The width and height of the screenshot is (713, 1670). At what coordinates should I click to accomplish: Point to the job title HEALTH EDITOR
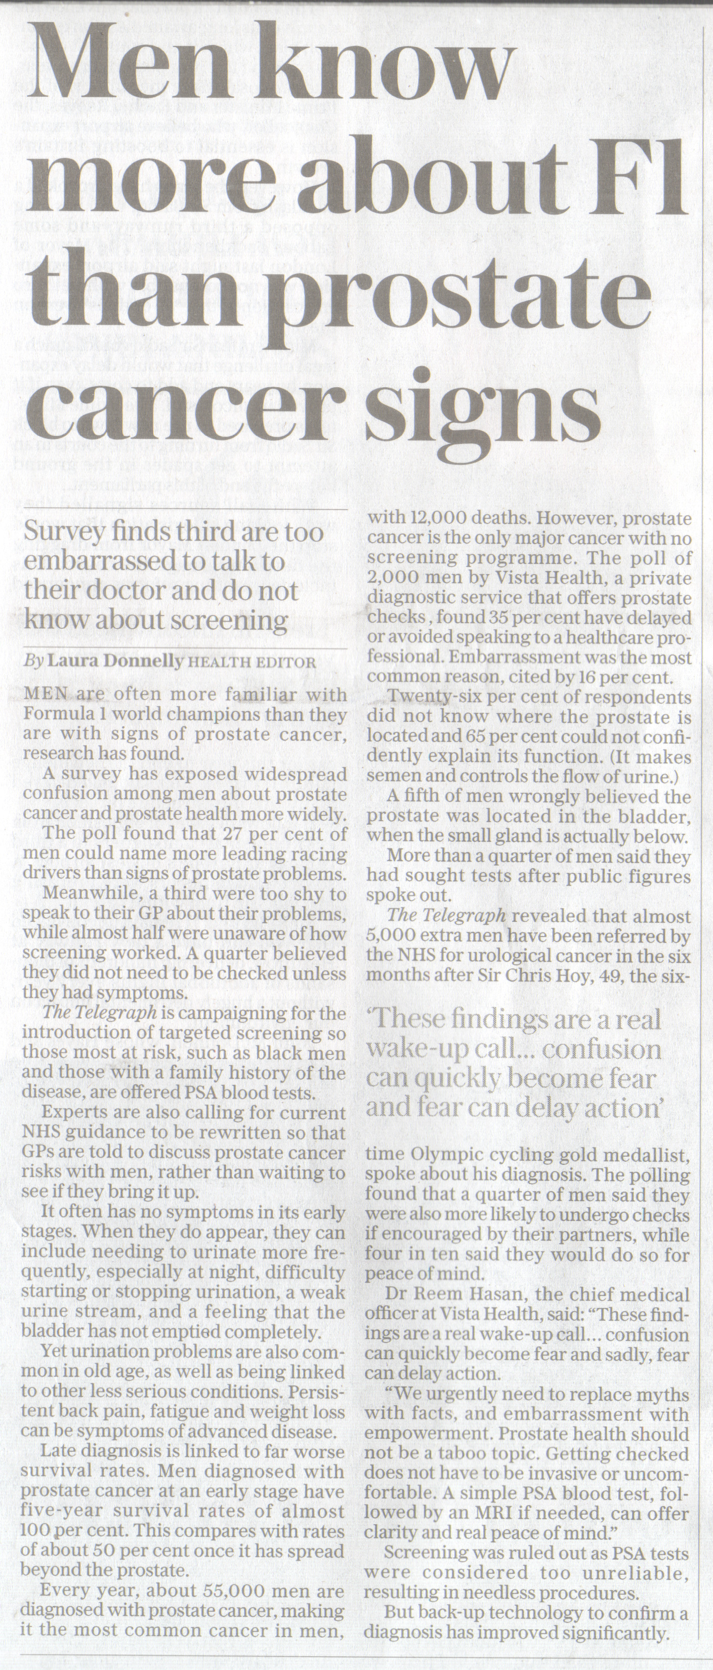[251, 663]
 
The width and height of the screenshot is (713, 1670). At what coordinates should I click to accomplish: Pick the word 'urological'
[484, 956]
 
